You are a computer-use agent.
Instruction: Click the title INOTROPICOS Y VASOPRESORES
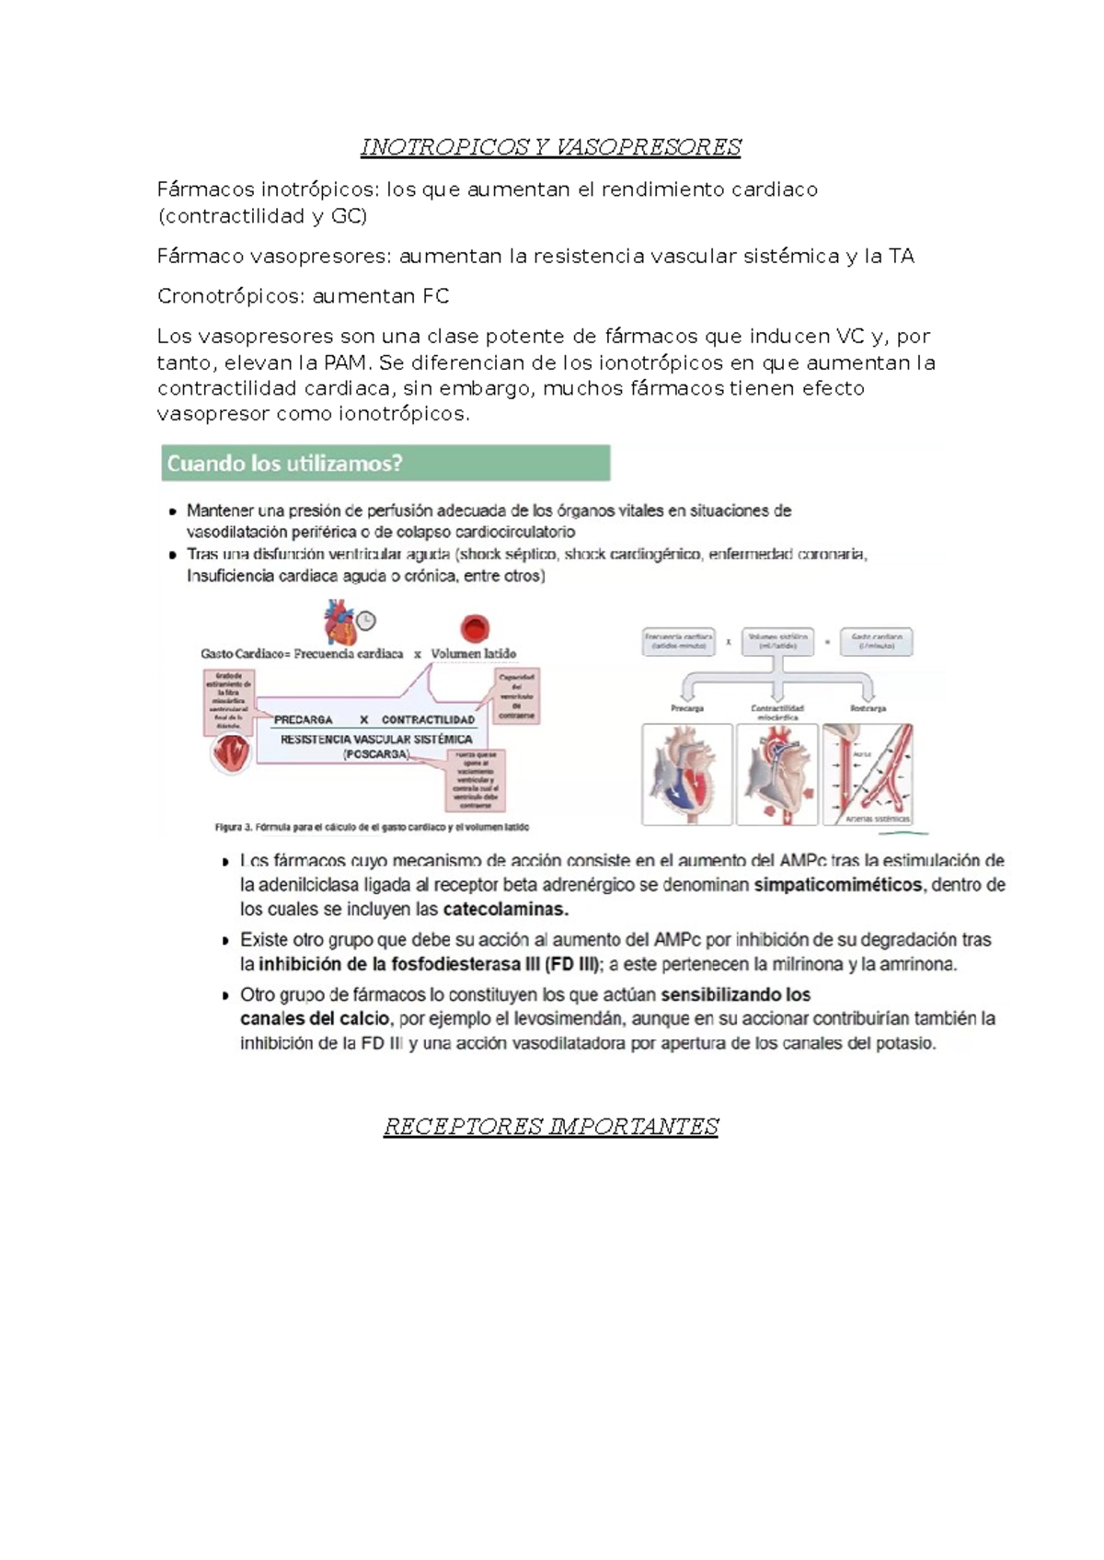pyautogui.click(x=550, y=147)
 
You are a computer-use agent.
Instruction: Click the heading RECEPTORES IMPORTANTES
pyautogui.click(x=550, y=1127)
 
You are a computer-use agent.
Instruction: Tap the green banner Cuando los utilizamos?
pyautogui.click(x=385, y=464)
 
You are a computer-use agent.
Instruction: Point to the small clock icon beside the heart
pyautogui.click(x=366, y=621)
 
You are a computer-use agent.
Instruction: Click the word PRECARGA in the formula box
pyautogui.click(x=303, y=720)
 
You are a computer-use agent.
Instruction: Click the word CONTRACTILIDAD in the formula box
pyautogui.click(x=428, y=720)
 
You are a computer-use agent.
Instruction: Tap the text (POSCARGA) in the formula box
pyautogui.click(x=376, y=754)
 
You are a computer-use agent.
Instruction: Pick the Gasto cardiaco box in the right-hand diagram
pyautogui.click(x=876, y=641)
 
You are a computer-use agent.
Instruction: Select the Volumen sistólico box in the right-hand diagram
pyautogui.click(x=777, y=641)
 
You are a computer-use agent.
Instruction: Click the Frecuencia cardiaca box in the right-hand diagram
pyautogui.click(x=678, y=641)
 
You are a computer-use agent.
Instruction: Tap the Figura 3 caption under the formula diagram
pyautogui.click(x=372, y=827)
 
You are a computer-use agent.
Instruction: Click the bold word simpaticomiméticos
pyautogui.click(x=837, y=885)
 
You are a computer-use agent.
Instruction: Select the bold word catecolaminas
pyautogui.click(x=505, y=910)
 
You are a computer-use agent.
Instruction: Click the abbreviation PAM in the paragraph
pyautogui.click(x=344, y=362)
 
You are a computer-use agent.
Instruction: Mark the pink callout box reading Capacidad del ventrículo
pyautogui.click(x=517, y=696)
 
